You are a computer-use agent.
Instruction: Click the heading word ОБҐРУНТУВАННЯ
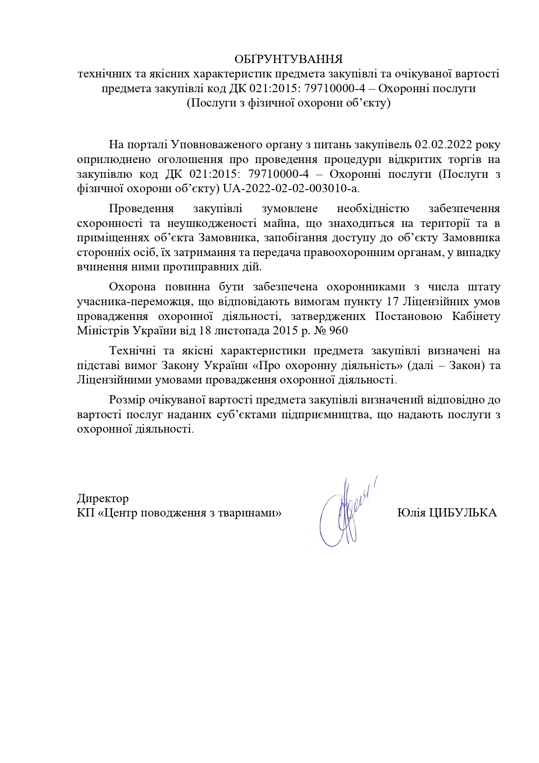pyautogui.click(x=288, y=59)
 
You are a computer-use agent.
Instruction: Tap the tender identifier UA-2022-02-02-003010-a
pyautogui.click(x=291, y=189)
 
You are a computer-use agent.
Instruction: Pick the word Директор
pyautogui.click(x=103, y=498)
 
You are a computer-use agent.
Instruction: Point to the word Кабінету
pyautogui.click(x=476, y=316)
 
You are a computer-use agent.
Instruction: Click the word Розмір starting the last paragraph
pyautogui.click(x=127, y=400)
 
